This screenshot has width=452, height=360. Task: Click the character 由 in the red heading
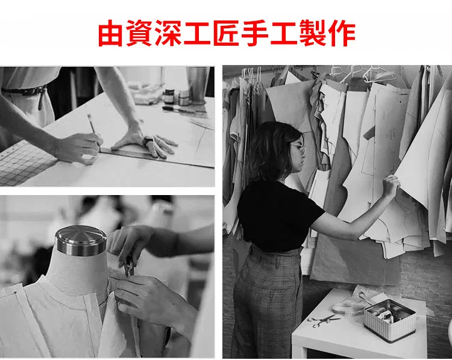[x=111, y=33]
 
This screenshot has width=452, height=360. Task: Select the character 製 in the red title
[x=312, y=33]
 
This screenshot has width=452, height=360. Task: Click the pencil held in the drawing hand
[x=93, y=127]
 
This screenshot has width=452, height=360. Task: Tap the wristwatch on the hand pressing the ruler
[x=148, y=141]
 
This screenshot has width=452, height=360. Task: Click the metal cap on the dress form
[x=81, y=240]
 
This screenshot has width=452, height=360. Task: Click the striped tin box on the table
[x=390, y=320]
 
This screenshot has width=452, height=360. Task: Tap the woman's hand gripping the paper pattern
[x=391, y=185]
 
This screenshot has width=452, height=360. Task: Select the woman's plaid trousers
[x=266, y=300]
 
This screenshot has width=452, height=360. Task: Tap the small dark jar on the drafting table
[x=169, y=96]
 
